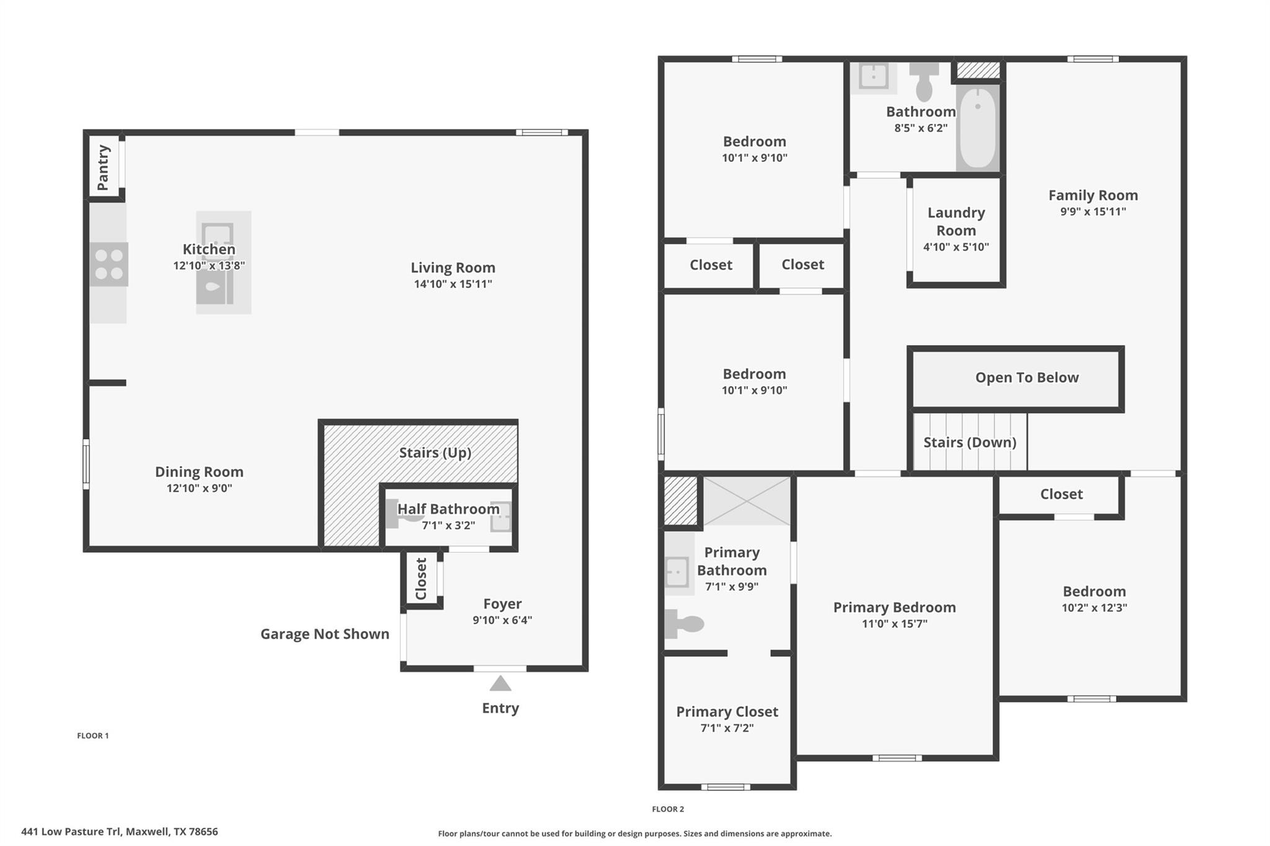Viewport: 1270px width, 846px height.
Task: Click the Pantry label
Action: click(x=103, y=167)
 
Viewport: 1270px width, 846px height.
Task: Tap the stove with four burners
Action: click(x=109, y=264)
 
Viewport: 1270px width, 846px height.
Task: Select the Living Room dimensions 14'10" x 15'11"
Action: click(x=453, y=284)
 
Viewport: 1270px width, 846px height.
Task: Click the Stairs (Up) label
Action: click(x=435, y=452)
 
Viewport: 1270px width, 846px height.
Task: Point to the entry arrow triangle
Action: click(x=500, y=684)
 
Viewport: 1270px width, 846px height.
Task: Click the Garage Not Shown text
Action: click(x=324, y=633)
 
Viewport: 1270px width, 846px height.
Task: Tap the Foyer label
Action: click(x=502, y=603)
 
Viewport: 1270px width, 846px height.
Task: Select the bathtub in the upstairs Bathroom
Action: click(x=977, y=128)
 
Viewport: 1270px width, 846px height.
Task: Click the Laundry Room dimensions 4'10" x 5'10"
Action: click(x=956, y=247)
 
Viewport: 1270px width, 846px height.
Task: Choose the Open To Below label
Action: click(x=1026, y=377)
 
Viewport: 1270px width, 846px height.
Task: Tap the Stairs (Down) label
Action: click(x=969, y=442)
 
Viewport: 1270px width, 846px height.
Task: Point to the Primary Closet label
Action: click(x=727, y=712)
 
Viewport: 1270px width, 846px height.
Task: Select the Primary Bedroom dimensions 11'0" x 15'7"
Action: click(x=894, y=623)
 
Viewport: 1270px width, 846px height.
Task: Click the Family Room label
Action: click(x=1093, y=195)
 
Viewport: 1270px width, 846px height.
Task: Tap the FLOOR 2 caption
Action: click(x=668, y=809)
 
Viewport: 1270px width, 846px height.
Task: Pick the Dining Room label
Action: click(x=199, y=472)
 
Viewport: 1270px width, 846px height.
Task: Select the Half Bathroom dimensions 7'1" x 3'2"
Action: click(x=448, y=525)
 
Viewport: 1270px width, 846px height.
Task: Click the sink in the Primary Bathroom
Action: click(x=677, y=571)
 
